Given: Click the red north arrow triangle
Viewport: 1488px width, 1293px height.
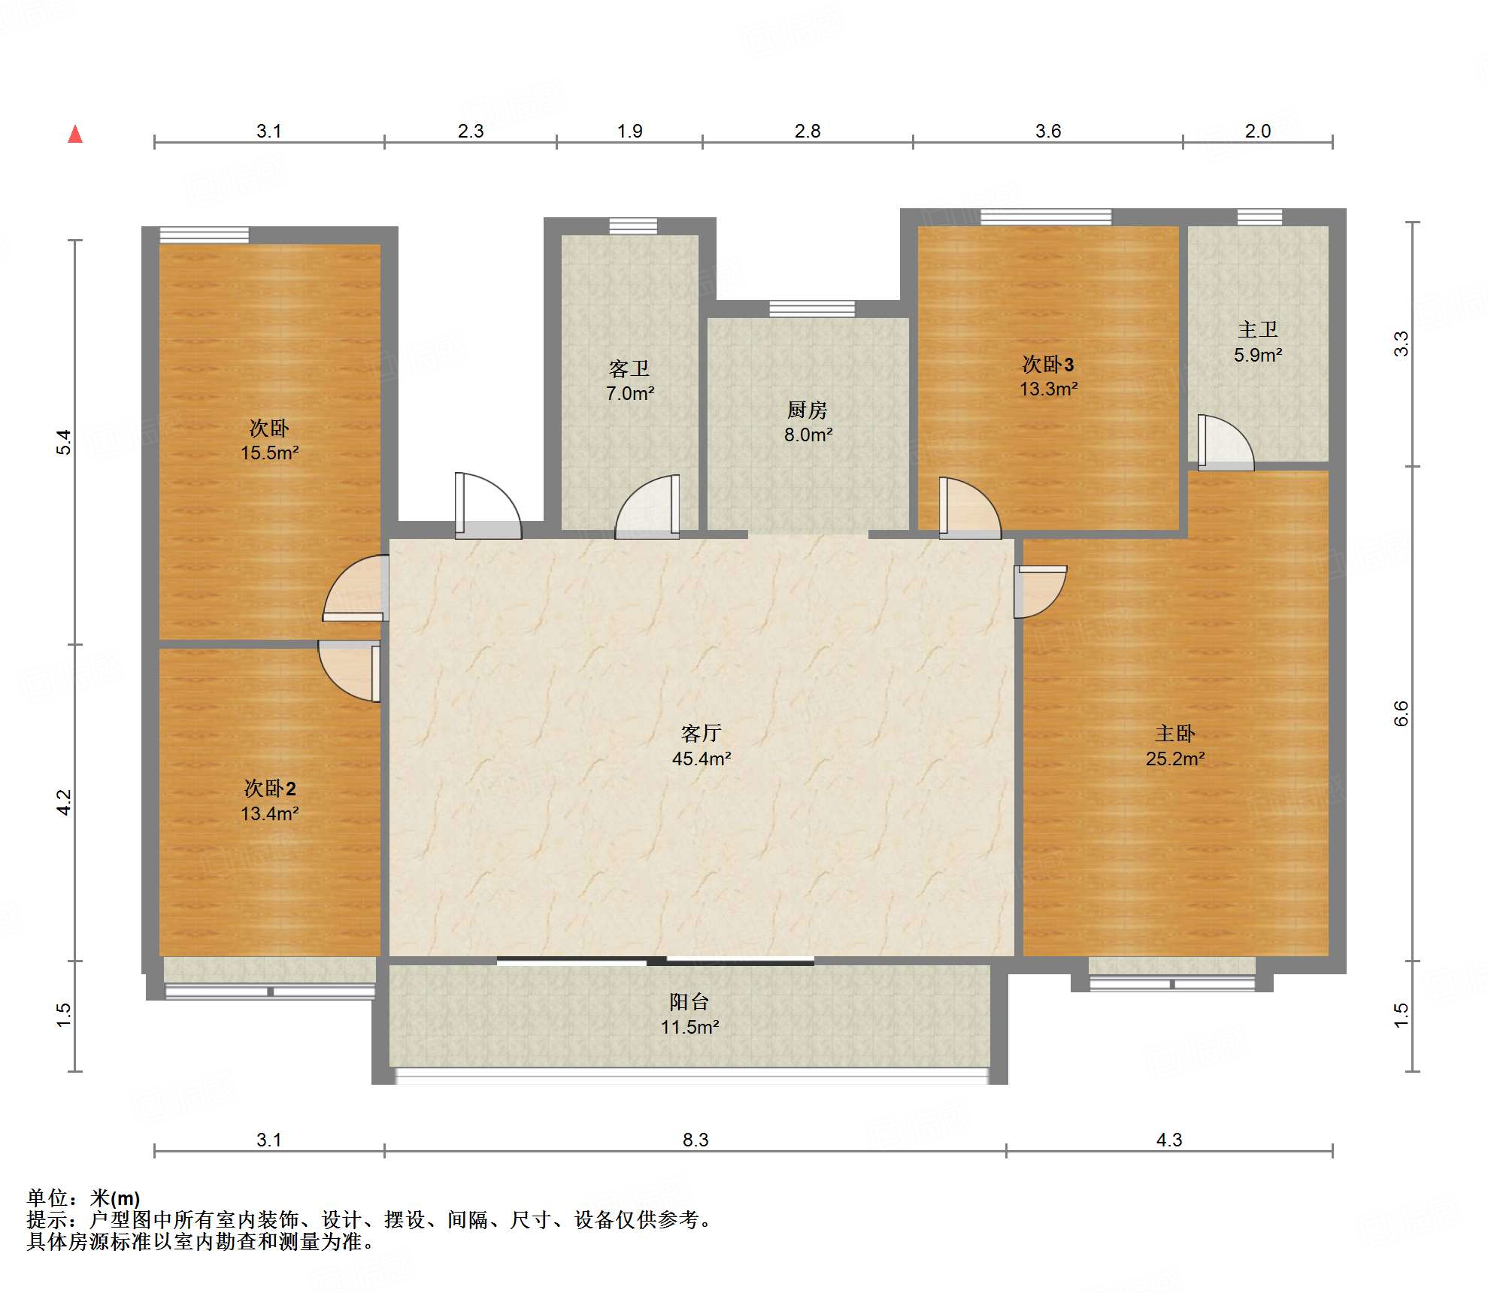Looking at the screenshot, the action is coord(75,135).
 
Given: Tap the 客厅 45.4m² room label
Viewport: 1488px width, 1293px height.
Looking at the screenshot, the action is coord(702,746).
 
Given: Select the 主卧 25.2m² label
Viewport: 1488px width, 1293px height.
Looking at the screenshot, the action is coord(1175,746).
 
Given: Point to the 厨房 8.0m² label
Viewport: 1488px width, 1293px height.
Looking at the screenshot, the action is coord(808,422).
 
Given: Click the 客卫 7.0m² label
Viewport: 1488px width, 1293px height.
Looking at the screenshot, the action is coord(630,380).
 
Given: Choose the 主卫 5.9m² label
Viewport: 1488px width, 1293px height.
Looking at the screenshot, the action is coord(1258,342).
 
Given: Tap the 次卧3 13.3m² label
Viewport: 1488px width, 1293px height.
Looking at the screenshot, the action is coord(1048,376).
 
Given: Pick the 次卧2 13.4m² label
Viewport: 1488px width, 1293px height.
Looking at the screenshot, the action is coord(269,801).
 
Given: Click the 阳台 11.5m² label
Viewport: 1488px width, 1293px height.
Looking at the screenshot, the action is coord(690,1014).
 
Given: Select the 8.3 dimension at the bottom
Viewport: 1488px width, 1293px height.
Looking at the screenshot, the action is coord(696,1140).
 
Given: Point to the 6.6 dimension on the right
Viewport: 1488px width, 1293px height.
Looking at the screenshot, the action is coord(1401,713).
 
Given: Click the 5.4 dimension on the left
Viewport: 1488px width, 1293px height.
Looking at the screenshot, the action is coord(64,442).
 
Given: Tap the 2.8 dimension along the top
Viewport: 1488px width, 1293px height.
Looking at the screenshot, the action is coord(808,131).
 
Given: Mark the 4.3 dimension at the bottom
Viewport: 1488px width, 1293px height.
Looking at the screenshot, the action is coord(1169,1140).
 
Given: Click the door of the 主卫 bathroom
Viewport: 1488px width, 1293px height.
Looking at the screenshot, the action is coord(1226,443).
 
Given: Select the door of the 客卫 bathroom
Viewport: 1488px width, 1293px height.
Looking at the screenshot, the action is coord(647,507).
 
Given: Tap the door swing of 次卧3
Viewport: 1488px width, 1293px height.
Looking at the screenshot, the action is coord(970,508).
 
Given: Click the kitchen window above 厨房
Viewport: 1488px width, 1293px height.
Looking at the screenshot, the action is coord(812,308).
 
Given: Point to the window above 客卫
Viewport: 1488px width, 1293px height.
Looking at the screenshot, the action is coord(633,226).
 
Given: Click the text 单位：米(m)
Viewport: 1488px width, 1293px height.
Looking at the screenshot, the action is coord(83,1198).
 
